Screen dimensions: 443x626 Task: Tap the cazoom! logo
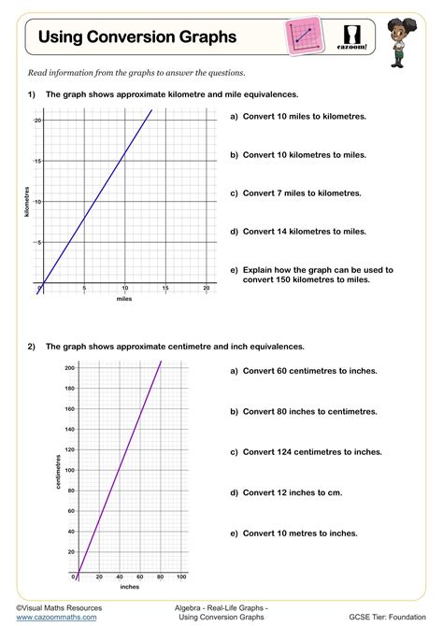[x=354, y=36]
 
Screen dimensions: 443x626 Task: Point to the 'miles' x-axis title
[x=124, y=299]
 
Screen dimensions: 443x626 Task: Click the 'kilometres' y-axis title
[x=27, y=202]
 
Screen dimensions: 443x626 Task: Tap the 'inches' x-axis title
[x=130, y=587]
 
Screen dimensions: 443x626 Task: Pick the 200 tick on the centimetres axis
[x=69, y=368]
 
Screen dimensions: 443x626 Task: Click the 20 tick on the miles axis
[x=206, y=289]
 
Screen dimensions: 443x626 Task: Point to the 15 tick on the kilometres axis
[x=37, y=162]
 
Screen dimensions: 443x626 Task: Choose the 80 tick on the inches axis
[x=160, y=576]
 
